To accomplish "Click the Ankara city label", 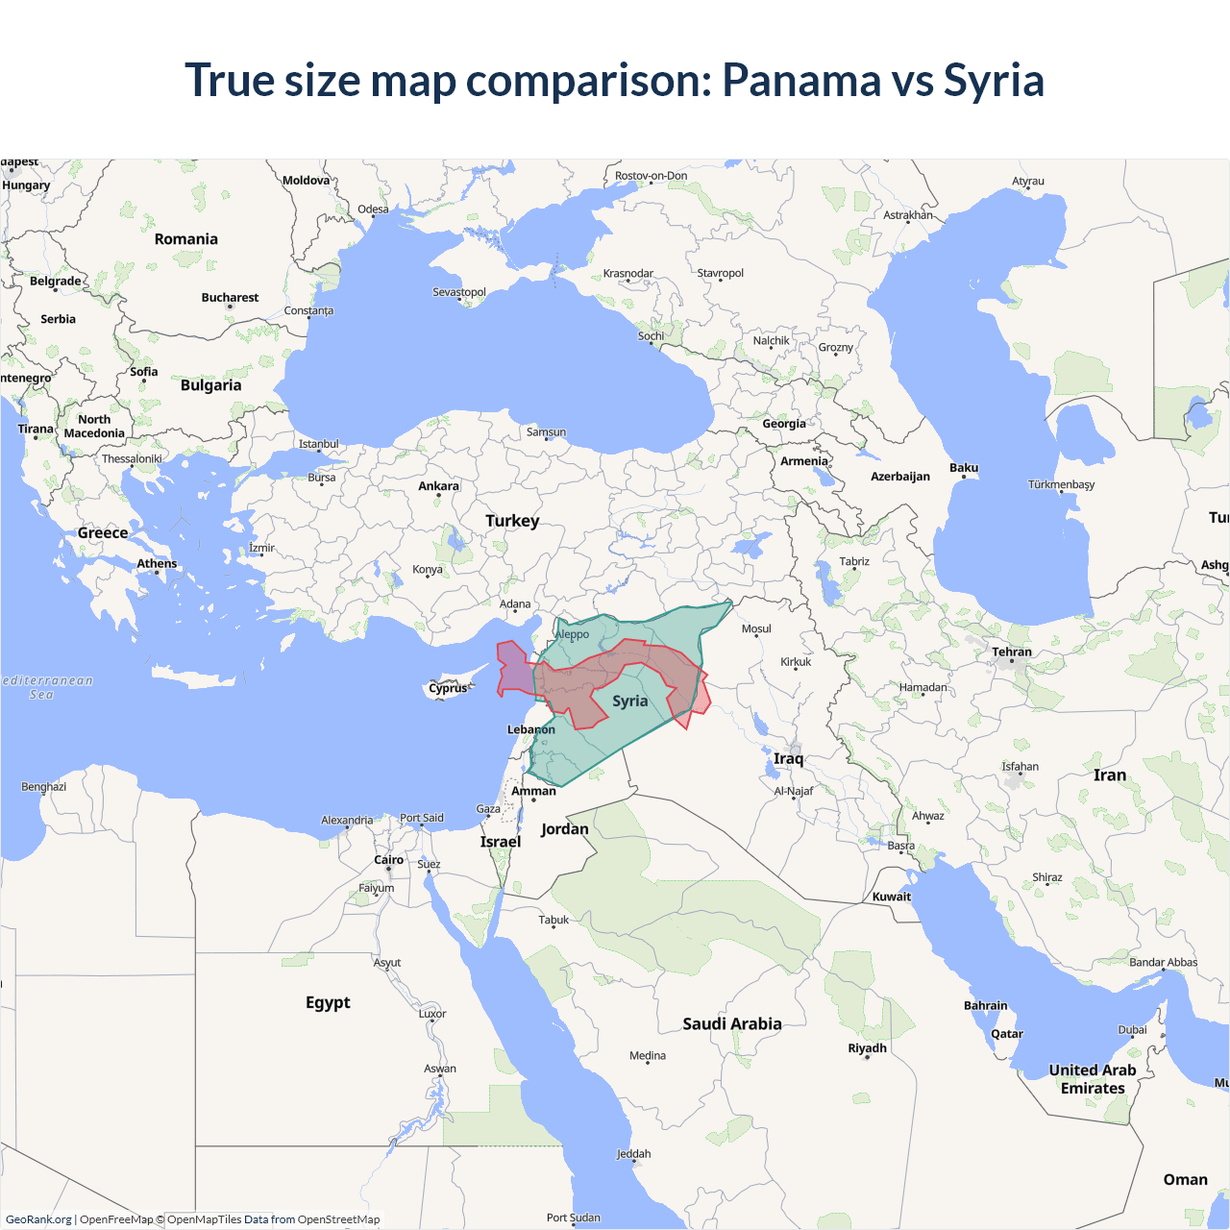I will [x=438, y=486].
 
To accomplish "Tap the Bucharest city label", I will [x=230, y=298].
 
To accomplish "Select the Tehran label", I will [x=1012, y=652].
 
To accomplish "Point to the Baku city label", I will [x=964, y=468].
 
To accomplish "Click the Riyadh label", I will [x=867, y=1048].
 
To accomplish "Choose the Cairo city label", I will [x=389, y=860].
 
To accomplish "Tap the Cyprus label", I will [x=448, y=688].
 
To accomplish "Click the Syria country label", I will [x=630, y=701].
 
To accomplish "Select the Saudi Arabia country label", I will [x=732, y=1024].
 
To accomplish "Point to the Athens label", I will [x=157, y=564].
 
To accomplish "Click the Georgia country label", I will [x=784, y=424].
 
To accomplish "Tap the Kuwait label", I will [x=892, y=897].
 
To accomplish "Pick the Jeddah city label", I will [x=633, y=1154].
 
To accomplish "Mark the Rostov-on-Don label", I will [x=651, y=176].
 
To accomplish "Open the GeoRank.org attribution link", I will [x=38, y=1219].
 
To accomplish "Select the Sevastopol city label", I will [x=459, y=292].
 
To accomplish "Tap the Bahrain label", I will [x=986, y=1006].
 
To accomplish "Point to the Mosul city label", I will [x=756, y=629].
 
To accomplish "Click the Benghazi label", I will [x=44, y=787].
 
